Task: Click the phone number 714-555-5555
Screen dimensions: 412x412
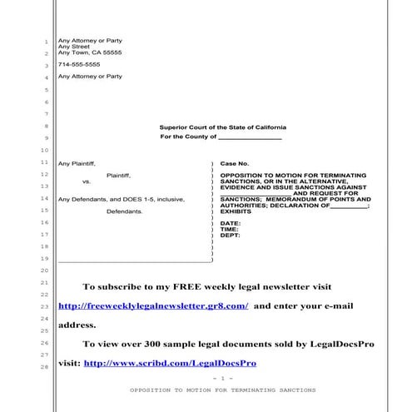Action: click(79, 64)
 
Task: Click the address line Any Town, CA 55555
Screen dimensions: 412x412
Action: click(89, 52)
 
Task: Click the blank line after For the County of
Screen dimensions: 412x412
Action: click(250, 137)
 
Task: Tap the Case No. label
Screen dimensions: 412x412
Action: click(235, 164)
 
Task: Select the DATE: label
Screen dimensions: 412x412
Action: click(231, 224)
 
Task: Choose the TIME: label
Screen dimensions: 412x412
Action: click(230, 230)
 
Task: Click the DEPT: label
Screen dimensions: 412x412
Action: click(231, 236)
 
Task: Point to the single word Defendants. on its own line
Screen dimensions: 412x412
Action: click(125, 211)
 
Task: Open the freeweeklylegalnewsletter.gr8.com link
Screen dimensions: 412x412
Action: click(153, 305)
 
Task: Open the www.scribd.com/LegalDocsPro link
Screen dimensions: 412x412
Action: click(170, 363)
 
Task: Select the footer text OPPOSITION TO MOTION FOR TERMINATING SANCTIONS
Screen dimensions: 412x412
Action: click(222, 390)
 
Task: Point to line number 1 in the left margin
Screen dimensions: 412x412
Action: click(45, 42)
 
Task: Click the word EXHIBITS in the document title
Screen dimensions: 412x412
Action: click(236, 212)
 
